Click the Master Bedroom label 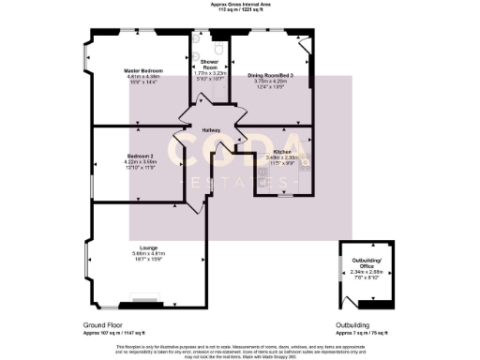coord(145,70)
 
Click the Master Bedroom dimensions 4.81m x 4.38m coord(145,76)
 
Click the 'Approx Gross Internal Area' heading coord(239,5)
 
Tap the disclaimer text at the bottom coord(239,351)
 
